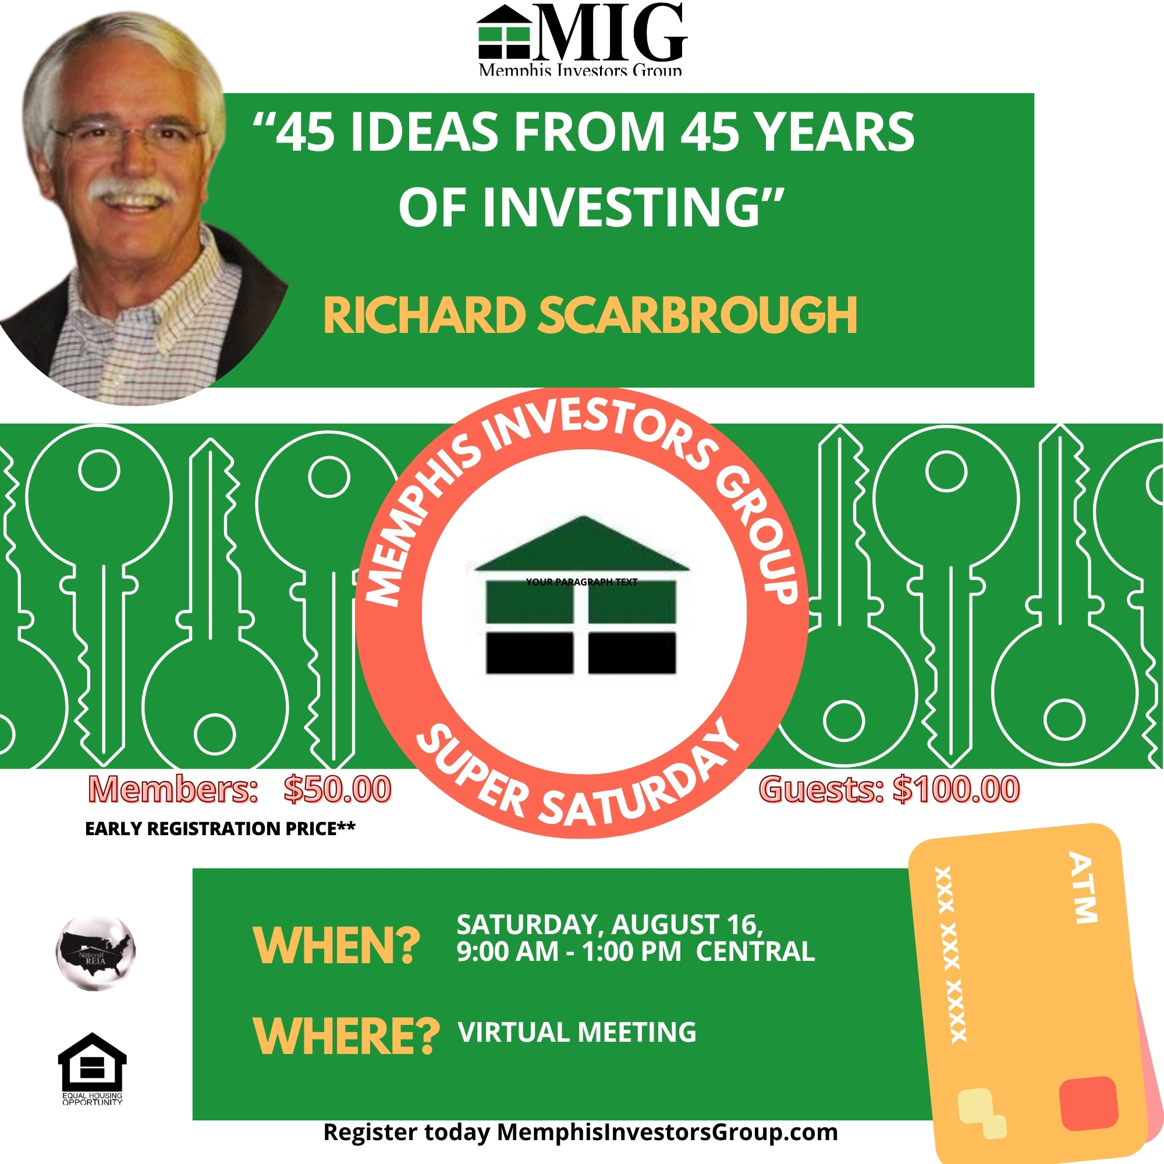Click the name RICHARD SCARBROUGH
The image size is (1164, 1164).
(590, 315)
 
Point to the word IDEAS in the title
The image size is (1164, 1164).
(424, 132)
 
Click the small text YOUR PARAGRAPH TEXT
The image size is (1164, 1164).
(581, 582)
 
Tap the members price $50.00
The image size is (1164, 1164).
(338, 790)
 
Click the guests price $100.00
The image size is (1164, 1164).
(957, 790)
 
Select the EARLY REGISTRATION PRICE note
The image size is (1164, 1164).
(220, 829)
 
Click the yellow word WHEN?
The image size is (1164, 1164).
(337, 946)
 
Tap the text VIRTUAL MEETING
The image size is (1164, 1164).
(577, 1032)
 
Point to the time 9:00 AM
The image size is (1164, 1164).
(508, 952)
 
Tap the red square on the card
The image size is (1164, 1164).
(1088, 1103)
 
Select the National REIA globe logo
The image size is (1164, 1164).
(95, 953)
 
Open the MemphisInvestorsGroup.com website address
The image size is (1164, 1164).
(667, 1133)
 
